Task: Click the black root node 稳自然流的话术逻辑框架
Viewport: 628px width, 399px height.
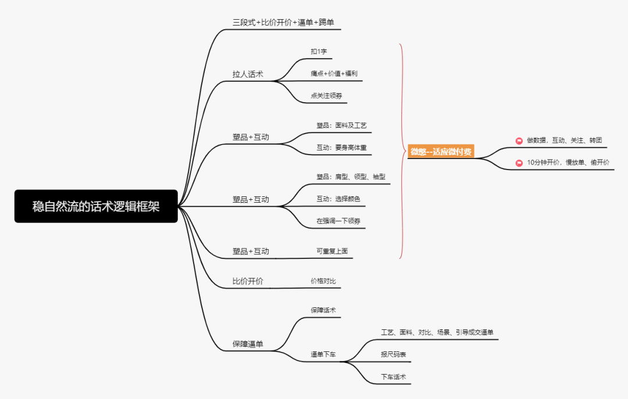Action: [x=96, y=206]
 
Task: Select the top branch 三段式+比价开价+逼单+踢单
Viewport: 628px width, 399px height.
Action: [x=283, y=23]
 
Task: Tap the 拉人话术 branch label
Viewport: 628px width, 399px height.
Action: [x=248, y=74]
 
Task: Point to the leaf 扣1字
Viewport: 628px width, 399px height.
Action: [x=319, y=52]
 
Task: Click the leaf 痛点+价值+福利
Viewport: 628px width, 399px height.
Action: [x=334, y=74]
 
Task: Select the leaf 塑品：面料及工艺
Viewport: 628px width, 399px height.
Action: [x=341, y=125]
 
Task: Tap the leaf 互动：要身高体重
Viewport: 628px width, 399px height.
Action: [x=341, y=148]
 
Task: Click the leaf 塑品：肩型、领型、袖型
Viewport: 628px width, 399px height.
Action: [x=351, y=177]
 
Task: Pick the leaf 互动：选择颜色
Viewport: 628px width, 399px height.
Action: [x=338, y=199]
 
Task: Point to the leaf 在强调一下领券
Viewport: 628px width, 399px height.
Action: [x=338, y=221]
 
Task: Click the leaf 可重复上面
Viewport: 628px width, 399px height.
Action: [x=331, y=251]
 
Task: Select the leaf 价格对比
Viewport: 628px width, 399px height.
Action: [x=323, y=281]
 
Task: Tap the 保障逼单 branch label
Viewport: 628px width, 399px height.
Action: [x=248, y=344]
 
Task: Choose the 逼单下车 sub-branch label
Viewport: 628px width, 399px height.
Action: [x=323, y=354]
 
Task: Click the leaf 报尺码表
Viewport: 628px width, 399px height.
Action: [x=393, y=354]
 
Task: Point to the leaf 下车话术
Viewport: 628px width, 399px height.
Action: [x=393, y=377]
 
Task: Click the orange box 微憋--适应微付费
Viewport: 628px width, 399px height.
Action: [x=441, y=152]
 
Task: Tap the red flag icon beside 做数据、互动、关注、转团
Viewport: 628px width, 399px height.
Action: [x=519, y=141]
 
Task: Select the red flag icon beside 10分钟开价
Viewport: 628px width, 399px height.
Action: [x=519, y=163]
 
